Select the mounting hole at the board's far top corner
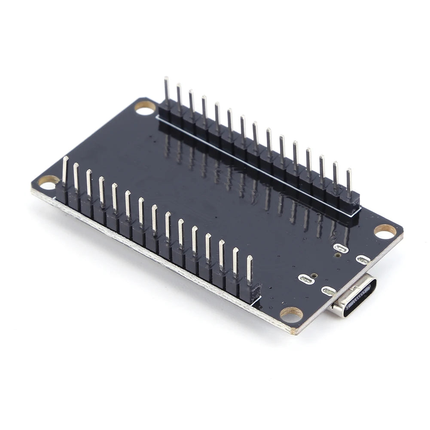(145, 107)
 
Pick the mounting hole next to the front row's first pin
(48, 182)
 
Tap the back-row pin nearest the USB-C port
(349, 183)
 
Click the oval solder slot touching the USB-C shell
(329, 291)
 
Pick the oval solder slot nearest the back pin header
(340, 248)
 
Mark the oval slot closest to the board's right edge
(363, 259)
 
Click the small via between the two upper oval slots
(338, 255)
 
